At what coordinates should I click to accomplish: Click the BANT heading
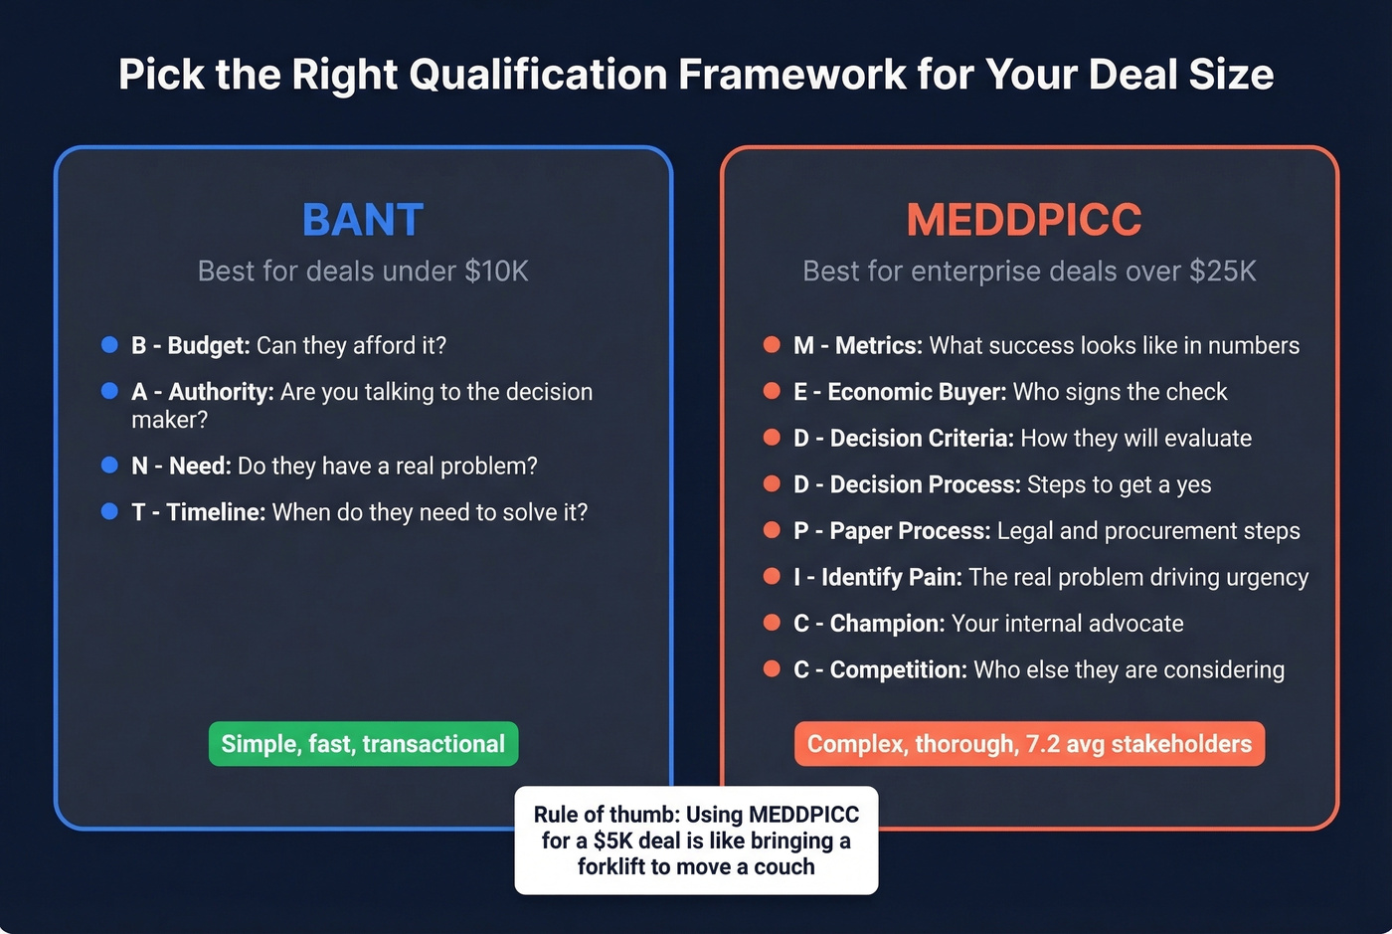pos(363,220)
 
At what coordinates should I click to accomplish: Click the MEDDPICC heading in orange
pos(1024,220)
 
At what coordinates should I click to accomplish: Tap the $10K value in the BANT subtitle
pos(496,271)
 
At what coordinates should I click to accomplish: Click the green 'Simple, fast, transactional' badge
pos(363,744)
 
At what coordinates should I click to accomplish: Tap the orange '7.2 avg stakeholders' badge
pos(1029,744)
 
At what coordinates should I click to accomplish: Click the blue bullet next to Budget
pos(109,345)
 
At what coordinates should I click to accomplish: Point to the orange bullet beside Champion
pos(772,623)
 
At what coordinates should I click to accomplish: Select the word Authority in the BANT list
pos(220,392)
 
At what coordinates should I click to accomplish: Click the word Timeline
pos(215,512)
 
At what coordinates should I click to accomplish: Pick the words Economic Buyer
pos(916,392)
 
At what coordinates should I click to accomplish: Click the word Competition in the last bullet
pos(897,670)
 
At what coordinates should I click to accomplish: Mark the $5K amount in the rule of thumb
pos(613,841)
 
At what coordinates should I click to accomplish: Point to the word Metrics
pos(878,345)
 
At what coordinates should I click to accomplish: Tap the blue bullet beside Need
pos(109,466)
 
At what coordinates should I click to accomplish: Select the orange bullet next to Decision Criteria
pos(772,438)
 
